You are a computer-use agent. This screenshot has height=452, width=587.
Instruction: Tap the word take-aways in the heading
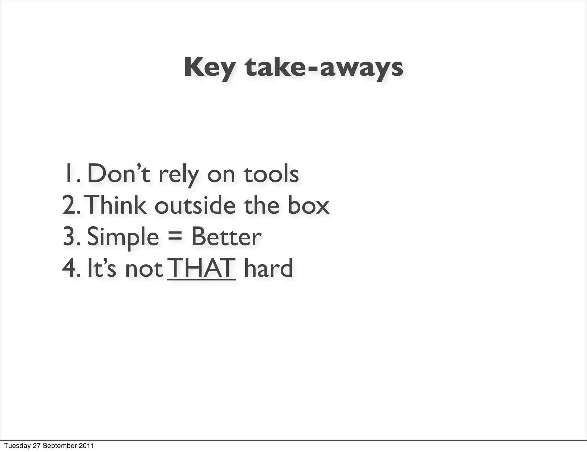tap(324, 68)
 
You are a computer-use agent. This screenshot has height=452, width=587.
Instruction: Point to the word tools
tap(271, 174)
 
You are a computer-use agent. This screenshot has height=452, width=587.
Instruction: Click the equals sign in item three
tap(175, 237)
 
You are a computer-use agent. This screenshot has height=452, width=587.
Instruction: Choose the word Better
tap(226, 237)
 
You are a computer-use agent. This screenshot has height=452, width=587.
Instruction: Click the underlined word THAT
tap(202, 268)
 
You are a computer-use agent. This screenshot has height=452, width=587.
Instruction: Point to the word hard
tap(268, 268)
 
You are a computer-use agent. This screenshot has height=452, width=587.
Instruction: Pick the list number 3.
tap(69, 237)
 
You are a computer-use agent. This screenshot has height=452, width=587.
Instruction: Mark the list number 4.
tap(69, 268)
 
